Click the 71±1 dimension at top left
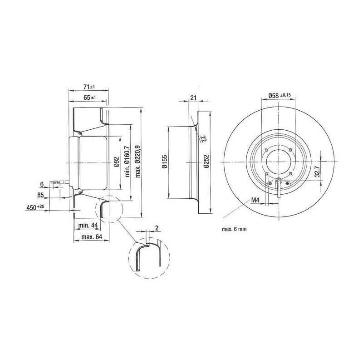click(x=88, y=87)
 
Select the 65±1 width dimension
click(x=89, y=98)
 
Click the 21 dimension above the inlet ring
click(x=193, y=98)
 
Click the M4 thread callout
click(x=255, y=200)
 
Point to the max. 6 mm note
click(x=235, y=230)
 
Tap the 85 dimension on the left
click(x=40, y=196)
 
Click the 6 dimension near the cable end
click(x=42, y=185)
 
